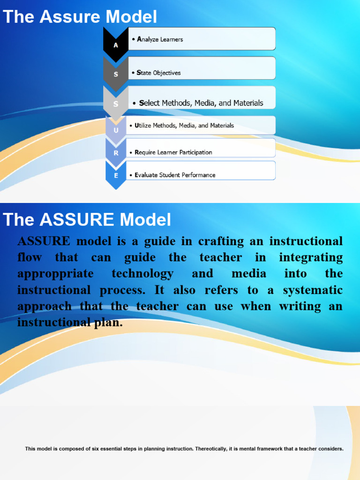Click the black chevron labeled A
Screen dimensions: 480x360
point(115,45)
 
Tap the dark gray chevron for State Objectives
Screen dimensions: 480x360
point(115,74)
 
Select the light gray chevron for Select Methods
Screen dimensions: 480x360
point(115,103)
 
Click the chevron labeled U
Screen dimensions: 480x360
point(115,129)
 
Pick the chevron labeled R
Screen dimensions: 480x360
point(115,152)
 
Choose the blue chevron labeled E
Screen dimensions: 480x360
point(115,175)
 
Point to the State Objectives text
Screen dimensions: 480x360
point(158,73)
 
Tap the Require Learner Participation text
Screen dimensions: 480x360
point(173,152)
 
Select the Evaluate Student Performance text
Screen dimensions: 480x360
point(175,175)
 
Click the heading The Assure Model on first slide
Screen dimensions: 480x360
point(80,17)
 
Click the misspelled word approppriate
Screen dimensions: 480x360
point(55,274)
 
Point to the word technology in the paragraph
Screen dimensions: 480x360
point(142,274)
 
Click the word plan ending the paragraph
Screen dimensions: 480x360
point(108,322)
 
